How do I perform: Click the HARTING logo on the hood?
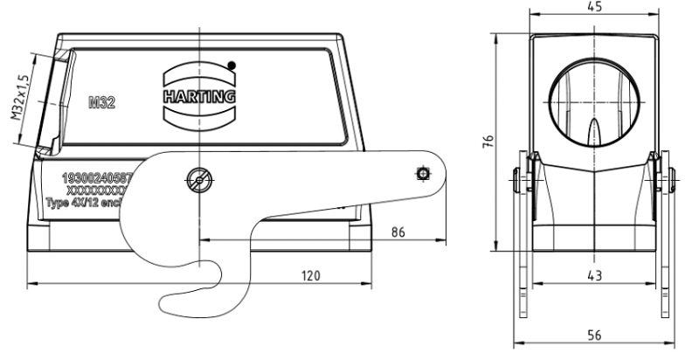(x=199, y=94)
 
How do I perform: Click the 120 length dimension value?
(x=310, y=275)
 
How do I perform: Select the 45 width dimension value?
(x=595, y=8)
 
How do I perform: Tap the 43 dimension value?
(x=594, y=274)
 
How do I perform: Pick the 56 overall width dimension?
(x=594, y=336)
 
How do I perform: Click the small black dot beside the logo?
(x=231, y=65)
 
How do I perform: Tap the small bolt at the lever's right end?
(x=423, y=173)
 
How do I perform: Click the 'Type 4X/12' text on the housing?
(x=83, y=202)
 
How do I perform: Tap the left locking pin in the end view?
(x=522, y=182)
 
